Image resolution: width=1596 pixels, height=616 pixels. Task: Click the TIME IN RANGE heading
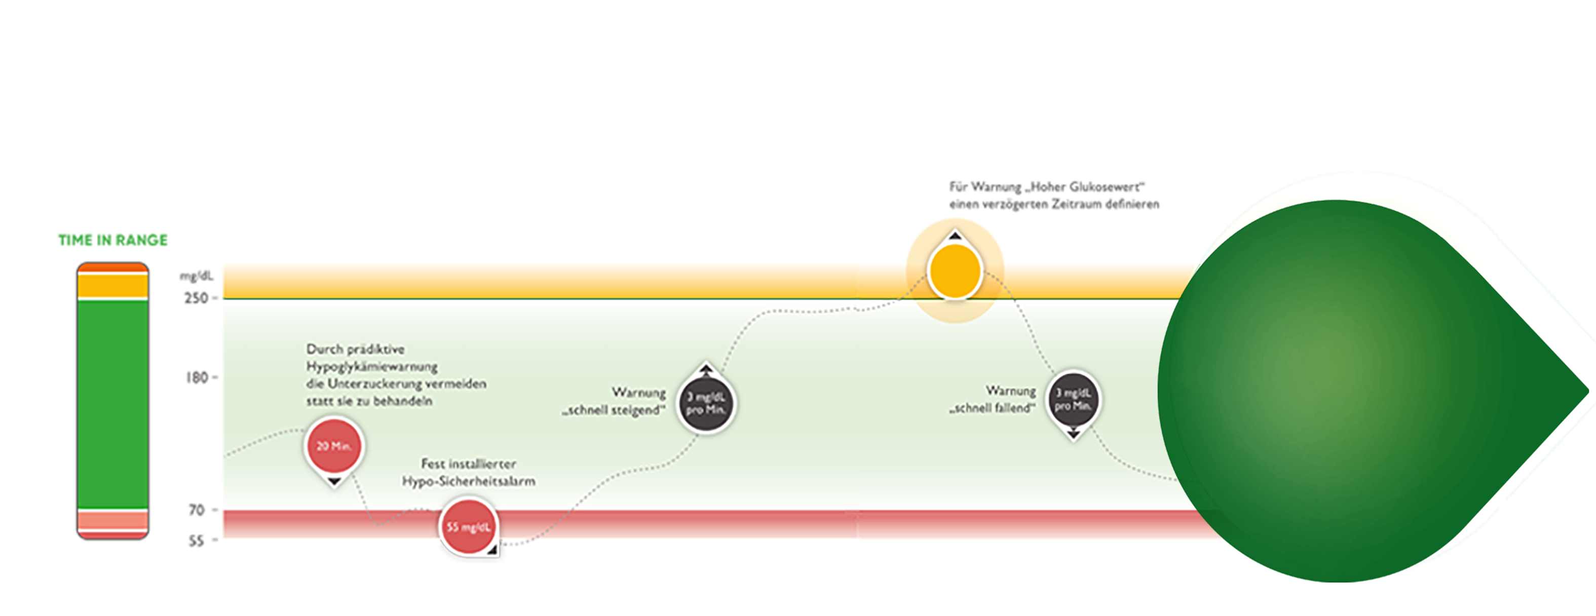point(113,241)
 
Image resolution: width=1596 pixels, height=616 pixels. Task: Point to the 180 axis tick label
point(197,377)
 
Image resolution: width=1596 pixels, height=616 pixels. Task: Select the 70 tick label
point(197,510)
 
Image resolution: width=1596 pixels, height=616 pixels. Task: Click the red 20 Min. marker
point(334,446)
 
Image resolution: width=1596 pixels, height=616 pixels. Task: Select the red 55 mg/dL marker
point(468,527)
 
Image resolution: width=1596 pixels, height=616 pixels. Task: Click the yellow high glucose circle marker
point(955,272)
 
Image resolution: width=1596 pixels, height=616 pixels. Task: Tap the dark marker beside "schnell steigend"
point(706,403)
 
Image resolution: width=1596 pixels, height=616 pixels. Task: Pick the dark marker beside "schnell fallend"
point(1073,399)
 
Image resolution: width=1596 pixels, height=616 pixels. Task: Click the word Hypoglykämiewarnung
point(372,367)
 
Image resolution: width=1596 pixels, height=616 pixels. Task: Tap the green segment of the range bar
point(113,403)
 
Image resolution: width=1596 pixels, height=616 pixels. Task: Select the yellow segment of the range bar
point(113,286)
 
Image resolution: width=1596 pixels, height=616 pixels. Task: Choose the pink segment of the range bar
point(113,519)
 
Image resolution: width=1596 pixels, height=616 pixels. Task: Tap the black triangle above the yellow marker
point(955,236)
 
